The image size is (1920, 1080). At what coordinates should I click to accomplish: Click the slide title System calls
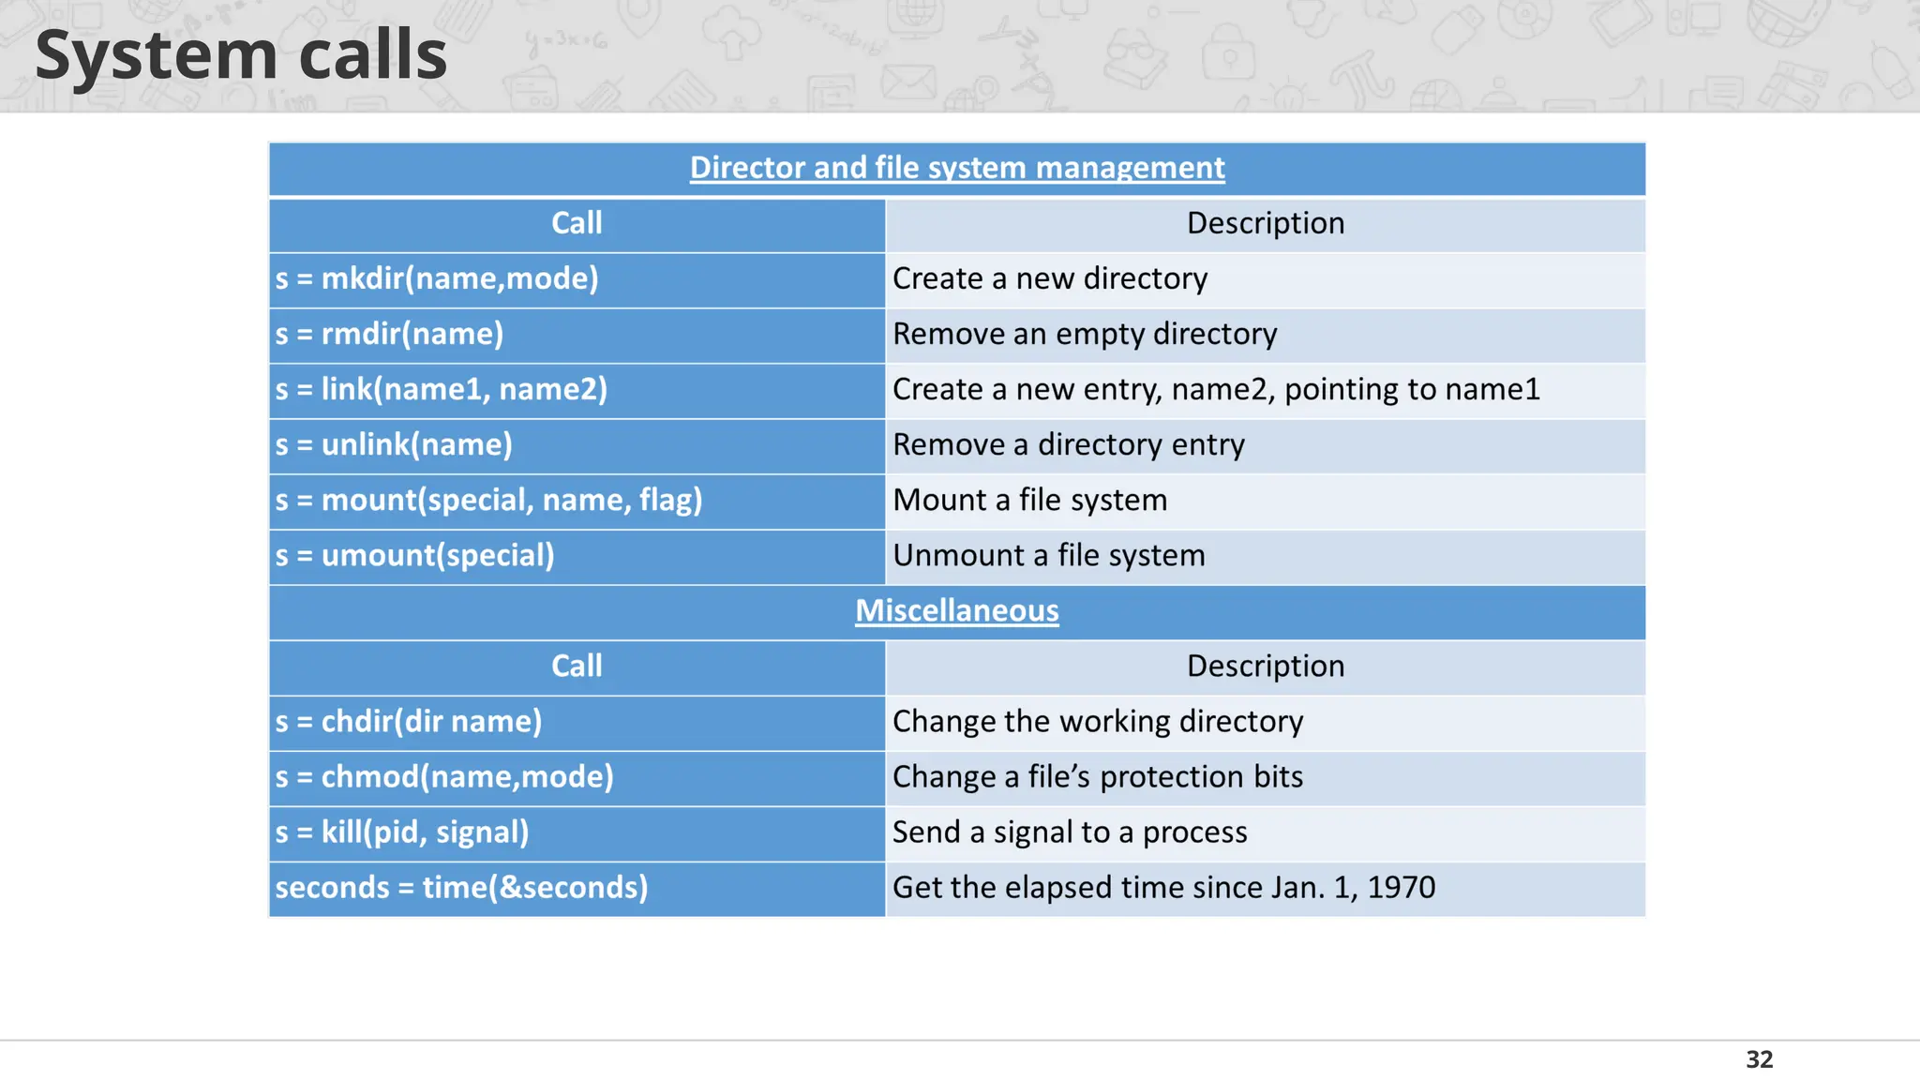(241, 54)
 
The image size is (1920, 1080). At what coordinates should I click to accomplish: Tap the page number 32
(1759, 1059)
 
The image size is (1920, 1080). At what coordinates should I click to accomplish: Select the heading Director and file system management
(956, 168)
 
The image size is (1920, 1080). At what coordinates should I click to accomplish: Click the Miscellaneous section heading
(956, 611)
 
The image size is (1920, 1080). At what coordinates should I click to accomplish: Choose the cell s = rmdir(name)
(389, 334)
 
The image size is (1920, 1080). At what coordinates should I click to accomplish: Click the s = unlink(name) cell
(394, 444)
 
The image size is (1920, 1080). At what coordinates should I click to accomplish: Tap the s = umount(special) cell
(414, 555)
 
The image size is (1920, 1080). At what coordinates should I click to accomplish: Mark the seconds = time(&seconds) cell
(461, 887)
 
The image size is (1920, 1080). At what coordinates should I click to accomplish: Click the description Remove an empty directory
(1084, 334)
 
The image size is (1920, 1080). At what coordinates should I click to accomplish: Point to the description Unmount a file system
(1048, 555)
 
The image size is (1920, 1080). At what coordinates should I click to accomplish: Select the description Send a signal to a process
(1069, 832)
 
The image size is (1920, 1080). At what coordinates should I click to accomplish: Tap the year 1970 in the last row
(1401, 887)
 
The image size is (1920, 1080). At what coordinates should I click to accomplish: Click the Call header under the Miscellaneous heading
(577, 666)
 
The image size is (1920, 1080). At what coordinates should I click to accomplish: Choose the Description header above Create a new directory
(1265, 223)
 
